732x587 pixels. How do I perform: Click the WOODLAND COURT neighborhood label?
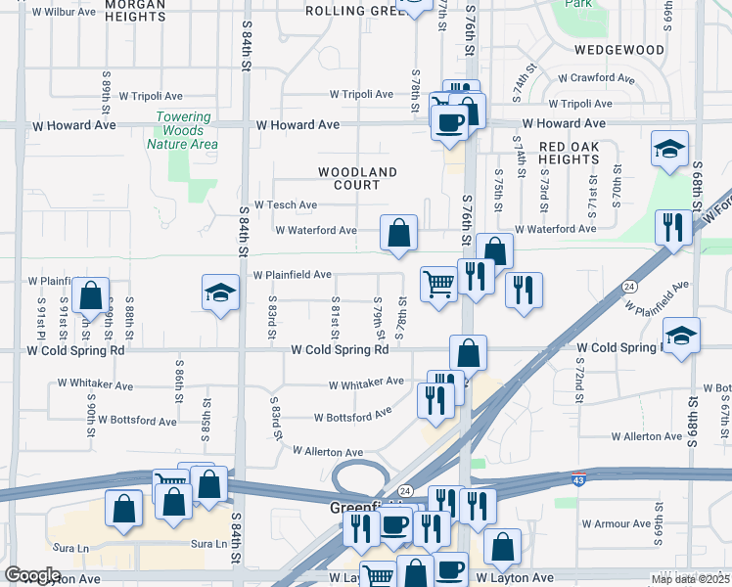357,178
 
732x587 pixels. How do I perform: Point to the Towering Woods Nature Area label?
182,130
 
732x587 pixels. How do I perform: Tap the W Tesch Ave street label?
286,205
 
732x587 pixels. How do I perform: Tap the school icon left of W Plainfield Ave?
220,292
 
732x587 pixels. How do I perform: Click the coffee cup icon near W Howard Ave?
449,122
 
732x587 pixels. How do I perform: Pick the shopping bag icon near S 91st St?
90,294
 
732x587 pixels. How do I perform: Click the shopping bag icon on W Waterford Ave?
398,234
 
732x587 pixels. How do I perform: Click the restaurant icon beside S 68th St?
671,228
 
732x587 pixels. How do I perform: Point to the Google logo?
32,575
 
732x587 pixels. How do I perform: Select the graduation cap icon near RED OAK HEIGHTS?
669,150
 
